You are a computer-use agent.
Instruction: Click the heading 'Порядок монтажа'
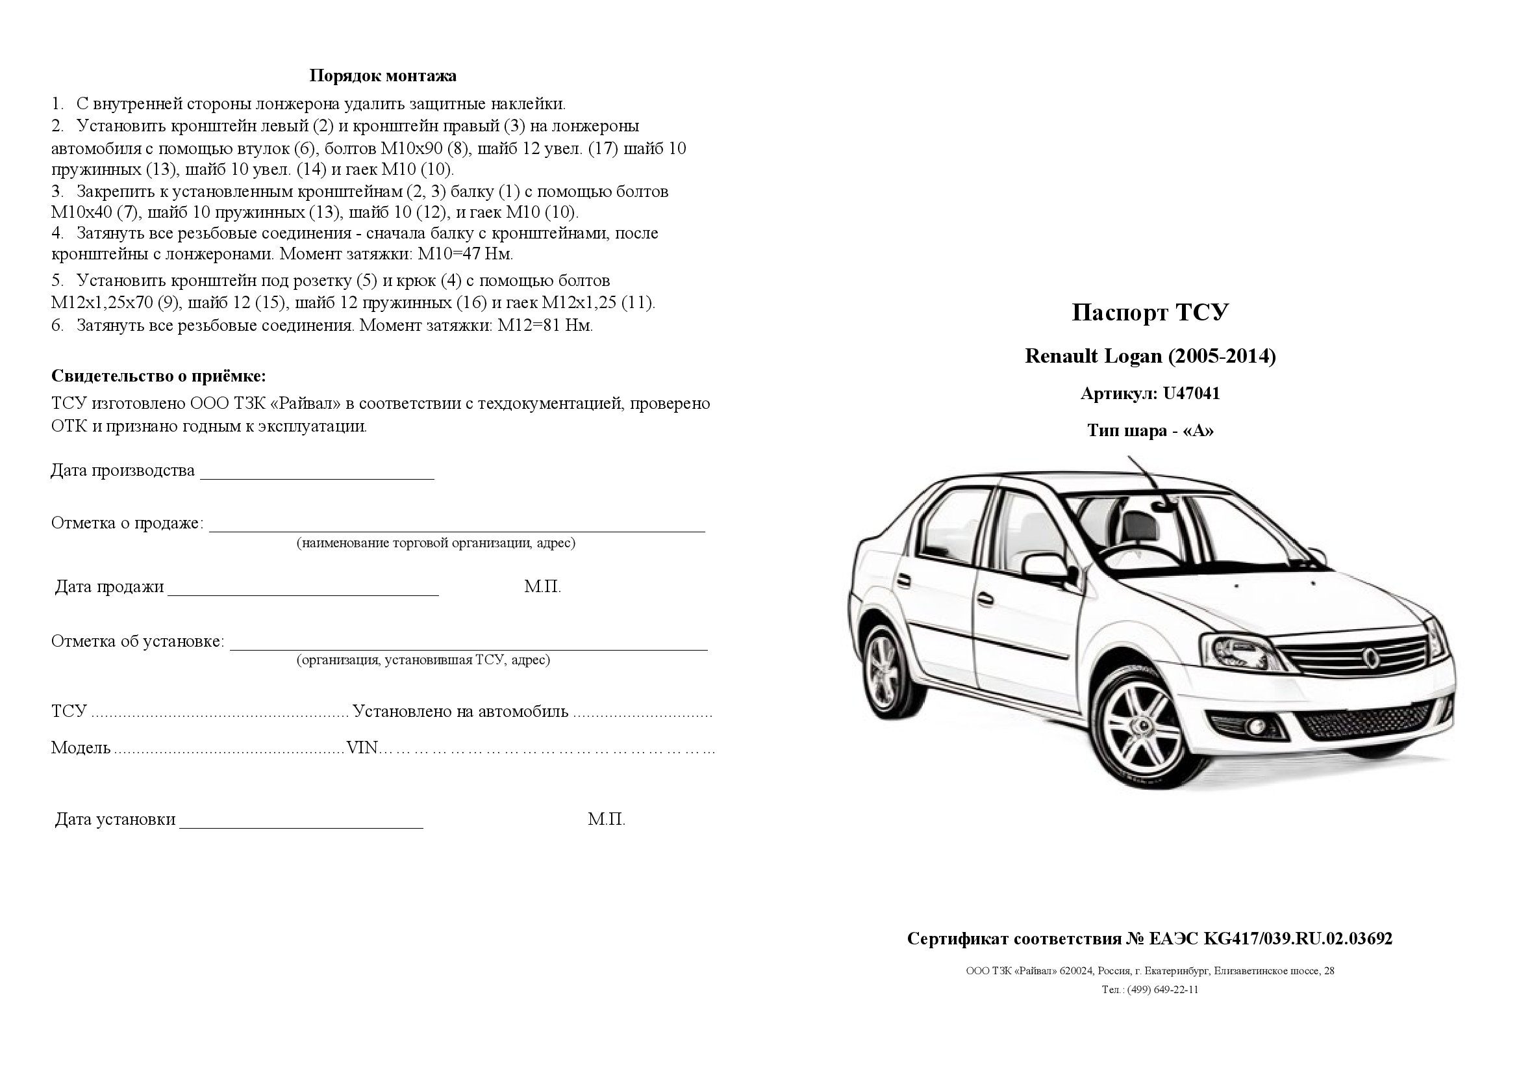point(383,76)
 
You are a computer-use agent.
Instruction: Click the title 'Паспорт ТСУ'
point(1150,313)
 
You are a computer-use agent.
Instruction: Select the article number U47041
point(1192,394)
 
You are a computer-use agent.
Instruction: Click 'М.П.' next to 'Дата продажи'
point(542,587)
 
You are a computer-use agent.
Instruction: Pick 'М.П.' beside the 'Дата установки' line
point(606,820)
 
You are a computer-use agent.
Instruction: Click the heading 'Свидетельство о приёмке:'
point(158,377)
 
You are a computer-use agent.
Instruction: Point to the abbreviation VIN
point(362,748)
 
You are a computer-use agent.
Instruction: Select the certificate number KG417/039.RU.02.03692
point(1298,939)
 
